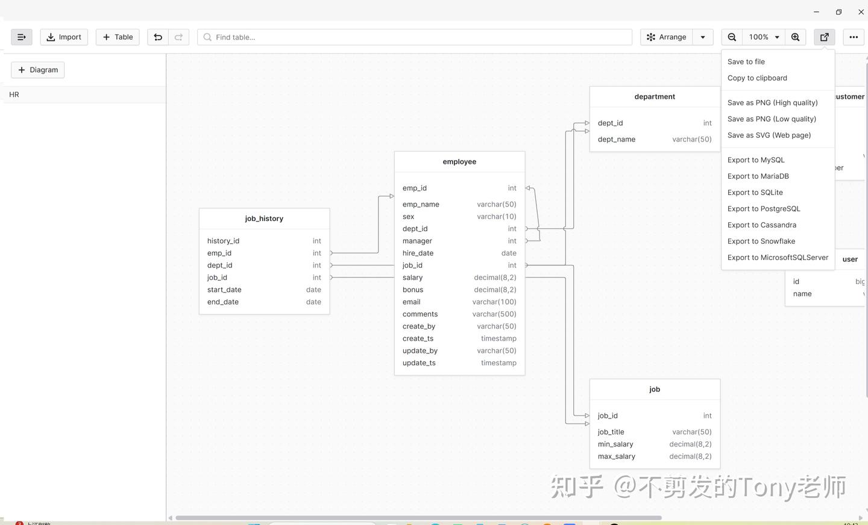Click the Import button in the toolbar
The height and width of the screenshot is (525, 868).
click(x=64, y=37)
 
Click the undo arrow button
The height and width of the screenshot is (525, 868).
click(x=158, y=37)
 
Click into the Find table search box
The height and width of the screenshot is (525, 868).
click(x=416, y=37)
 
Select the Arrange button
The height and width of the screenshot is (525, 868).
click(x=667, y=37)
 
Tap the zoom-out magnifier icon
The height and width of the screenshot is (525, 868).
click(x=732, y=37)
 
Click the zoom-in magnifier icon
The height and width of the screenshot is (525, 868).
click(x=796, y=37)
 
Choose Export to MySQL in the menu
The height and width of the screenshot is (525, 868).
click(x=756, y=160)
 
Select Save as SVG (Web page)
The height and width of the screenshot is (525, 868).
click(x=769, y=135)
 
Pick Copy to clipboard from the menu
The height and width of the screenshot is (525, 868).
click(x=757, y=78)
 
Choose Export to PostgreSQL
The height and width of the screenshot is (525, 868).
click(x=764, y=209)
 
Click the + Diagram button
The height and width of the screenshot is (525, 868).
click(x=38, y=70)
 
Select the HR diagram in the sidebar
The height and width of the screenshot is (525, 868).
click(x=14, y=95)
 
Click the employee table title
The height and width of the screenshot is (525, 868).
click(x=459, y=162)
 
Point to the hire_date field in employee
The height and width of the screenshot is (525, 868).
click(x=418, y=253)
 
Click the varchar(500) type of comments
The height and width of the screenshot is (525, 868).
click(x=494, y=314)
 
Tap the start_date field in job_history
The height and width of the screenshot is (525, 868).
click(x=224, y=290)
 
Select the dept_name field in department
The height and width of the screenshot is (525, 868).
click(x=617, y=140)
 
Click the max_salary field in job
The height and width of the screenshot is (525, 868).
click(x=617, y=456)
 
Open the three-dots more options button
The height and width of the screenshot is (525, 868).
click(x=854, y=37)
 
